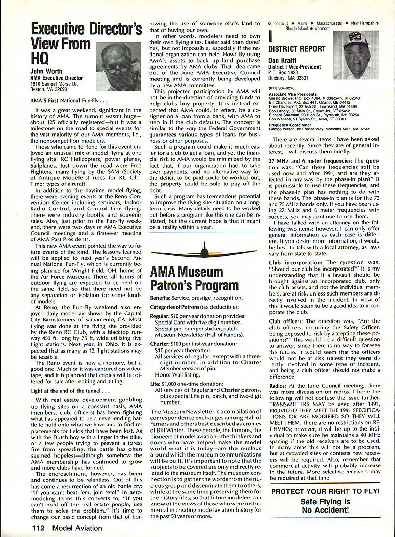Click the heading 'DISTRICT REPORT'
click(297, 49)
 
